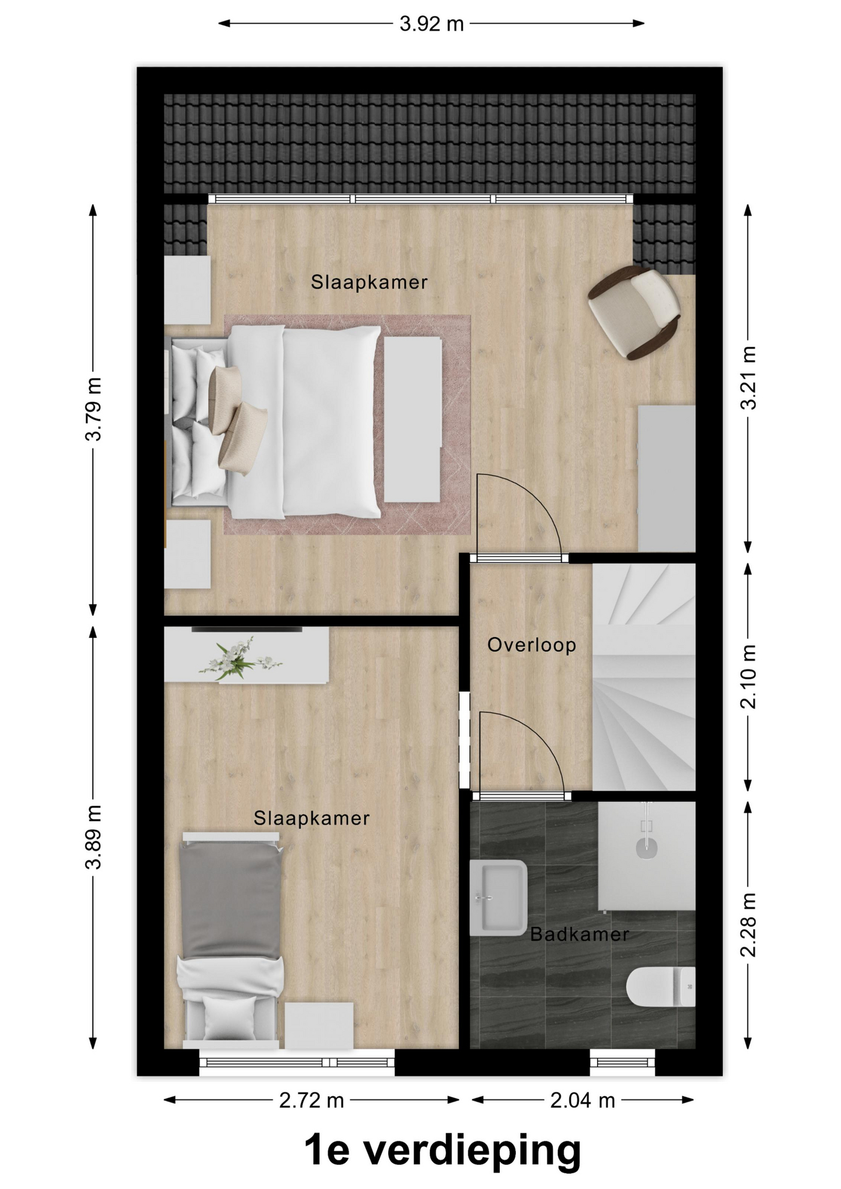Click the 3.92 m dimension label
click(x=431, y=24)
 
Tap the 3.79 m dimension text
click(x=94, y=409)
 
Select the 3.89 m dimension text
click(x=94, y=837)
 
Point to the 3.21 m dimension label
click(x=748, y=378)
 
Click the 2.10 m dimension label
click(x=748, y=676)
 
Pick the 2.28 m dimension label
click(x=748, y=925)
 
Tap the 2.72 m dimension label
click(x=312, y=1100)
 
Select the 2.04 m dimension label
click(x=583, y=1100)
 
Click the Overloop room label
click(x=531, y=645)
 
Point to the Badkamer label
click(x=580, y=934)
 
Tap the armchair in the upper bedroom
click(x=635, y=311)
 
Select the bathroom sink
click(x=498, y=897)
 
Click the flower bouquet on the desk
click(x=238, y=658)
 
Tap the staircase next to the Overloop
click(x=643, y=677)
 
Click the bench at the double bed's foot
click(x=412, y=419)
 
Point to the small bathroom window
click(x=622, y=1062)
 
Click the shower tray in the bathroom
click(x=647, y=856)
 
